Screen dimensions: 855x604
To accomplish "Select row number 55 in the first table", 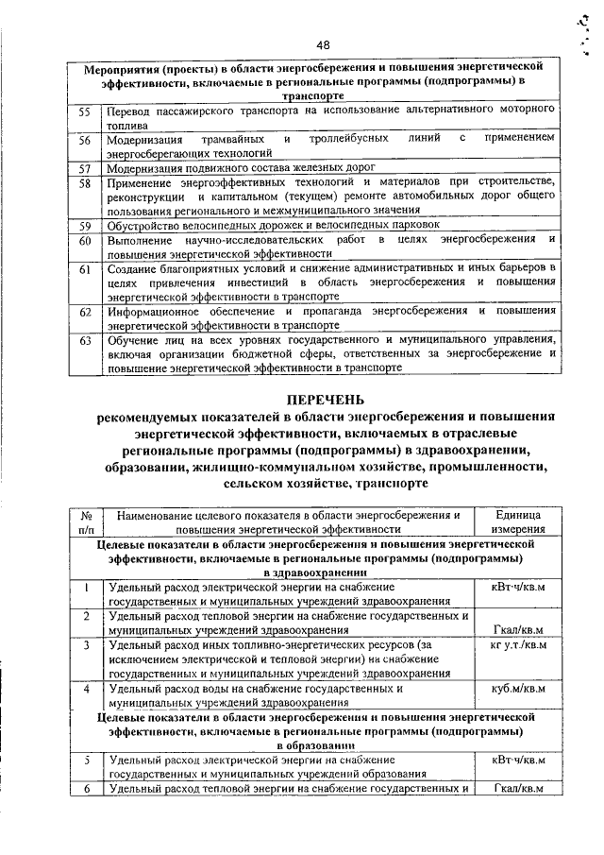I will pyautogui.click(x=84, y=111).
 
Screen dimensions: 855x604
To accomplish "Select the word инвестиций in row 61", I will pyautogui.click(x=261, y=282).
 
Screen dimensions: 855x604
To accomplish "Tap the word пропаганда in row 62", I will pyautogui.click(x=323, y=311).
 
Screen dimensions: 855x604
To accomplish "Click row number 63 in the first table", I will pyautogui.click(x=84, y=339).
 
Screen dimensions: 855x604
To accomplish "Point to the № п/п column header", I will pyautogui.click(x=86, y=522).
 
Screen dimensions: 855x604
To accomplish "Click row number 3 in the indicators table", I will pyautogui.click(x=86, y=644).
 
